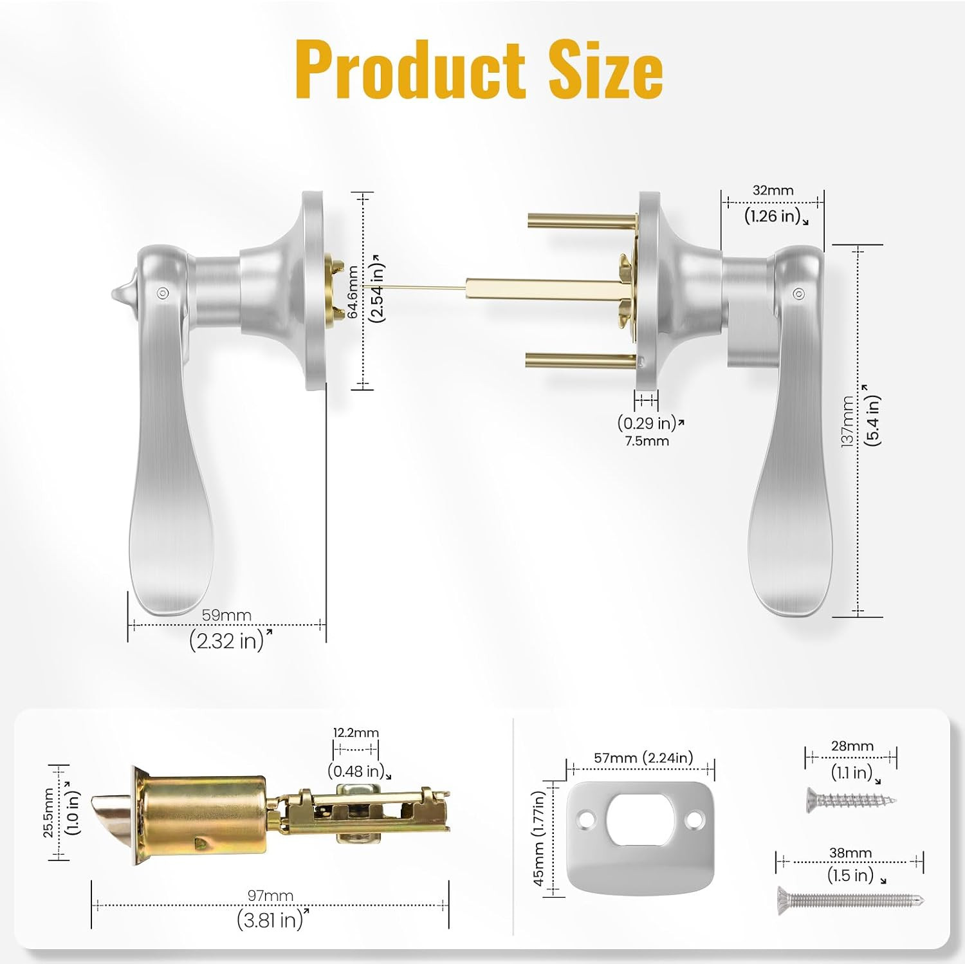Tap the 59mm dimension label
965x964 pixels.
[x=226, y=615]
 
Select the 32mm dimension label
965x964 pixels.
[x=773, y=190]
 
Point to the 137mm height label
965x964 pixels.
[x=847, y=422]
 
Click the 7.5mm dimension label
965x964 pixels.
[x=647, y=441]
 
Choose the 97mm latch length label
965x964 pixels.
[x=270, y=896]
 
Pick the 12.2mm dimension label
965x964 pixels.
[x=356, y=732]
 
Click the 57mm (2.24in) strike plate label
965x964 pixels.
[x=643, y=757]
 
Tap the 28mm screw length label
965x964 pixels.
[x=852, y=746]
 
